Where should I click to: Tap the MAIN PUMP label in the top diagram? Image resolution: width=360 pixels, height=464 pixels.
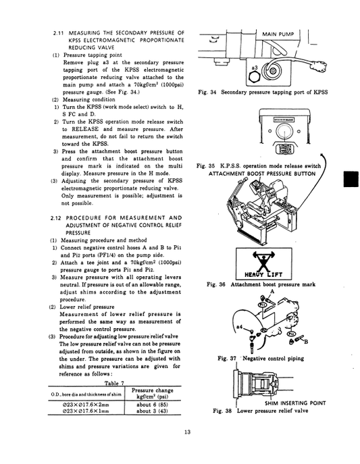pyautogui.click(x=280, y=33)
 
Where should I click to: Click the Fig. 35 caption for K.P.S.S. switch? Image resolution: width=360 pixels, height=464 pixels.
pyautogui.click(x=258, y=165)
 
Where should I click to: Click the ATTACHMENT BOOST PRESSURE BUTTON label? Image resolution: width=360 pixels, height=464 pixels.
pyautogui.click(x=261, y=173)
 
